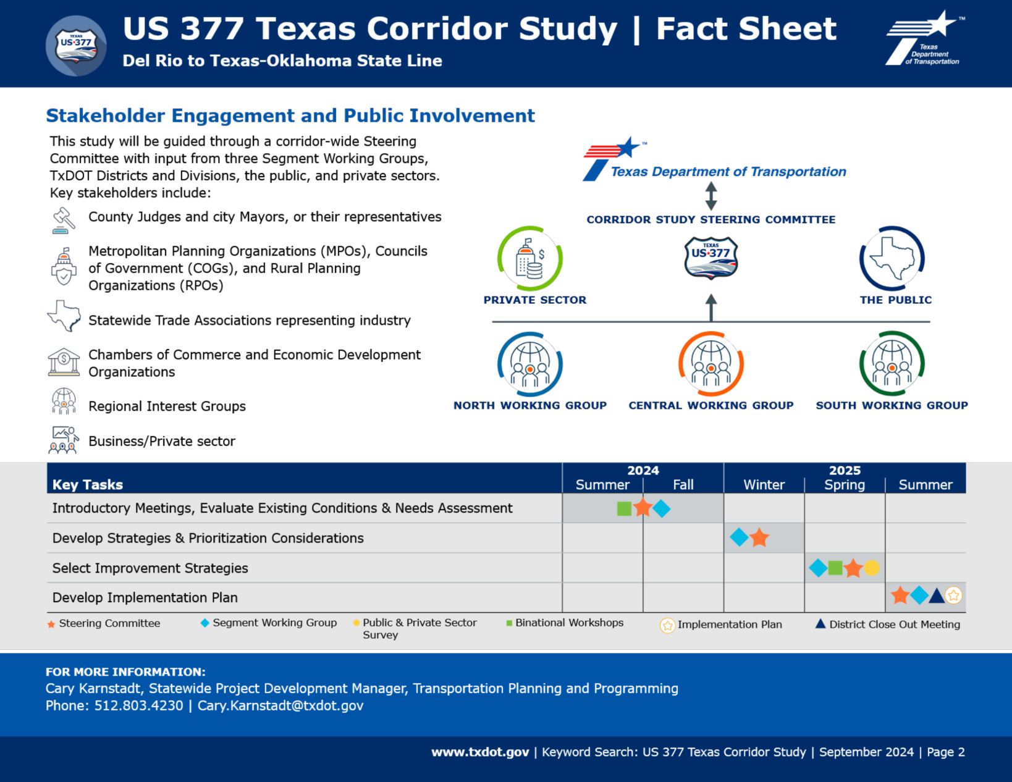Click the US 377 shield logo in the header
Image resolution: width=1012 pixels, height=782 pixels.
click(76, 46)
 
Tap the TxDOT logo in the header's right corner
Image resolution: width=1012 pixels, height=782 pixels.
click(924, 39)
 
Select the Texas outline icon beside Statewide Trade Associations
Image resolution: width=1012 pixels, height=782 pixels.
click(64, 316)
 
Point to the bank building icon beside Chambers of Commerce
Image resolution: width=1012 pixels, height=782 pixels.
click(64, 362)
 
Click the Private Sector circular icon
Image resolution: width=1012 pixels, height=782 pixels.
click(530, 259)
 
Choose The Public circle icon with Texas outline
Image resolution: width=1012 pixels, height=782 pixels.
click(892, 259)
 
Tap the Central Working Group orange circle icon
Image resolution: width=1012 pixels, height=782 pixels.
click(711, 364)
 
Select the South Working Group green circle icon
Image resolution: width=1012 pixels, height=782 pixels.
click(892, 364)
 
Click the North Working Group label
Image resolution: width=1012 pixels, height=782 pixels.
click(530, 406)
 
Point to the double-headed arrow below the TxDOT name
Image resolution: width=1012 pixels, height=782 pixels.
click(711, 196)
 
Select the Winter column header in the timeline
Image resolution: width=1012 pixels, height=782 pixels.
click(764, 485)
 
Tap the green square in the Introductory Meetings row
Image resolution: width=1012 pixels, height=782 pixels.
click(624, 508)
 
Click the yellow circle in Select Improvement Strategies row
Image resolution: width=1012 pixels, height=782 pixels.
click(872, 568)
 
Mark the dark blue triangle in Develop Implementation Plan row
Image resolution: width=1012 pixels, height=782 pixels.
click(937, 596)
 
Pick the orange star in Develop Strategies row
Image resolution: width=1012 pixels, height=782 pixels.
click(759, 538)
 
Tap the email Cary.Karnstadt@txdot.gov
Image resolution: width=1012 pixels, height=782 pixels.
click(280, 706)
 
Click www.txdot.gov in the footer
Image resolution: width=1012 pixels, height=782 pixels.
click(480, 752)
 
